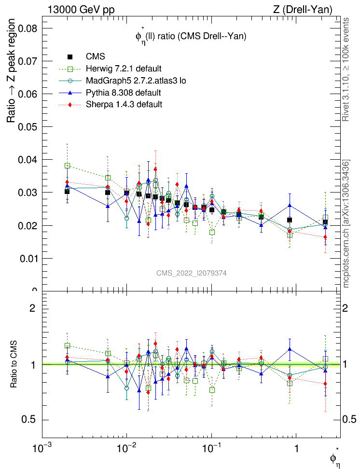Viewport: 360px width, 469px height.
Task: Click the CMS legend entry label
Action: coord(96,57)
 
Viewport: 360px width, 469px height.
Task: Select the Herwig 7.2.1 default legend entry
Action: coord(124,69)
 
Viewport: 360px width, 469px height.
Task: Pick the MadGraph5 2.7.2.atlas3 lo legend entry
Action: coord(136,81)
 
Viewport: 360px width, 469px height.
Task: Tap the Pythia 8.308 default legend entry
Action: coord(124,92)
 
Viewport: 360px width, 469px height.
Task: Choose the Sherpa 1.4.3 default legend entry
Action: coord(124,104)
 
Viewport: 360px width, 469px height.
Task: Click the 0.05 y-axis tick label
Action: coord(28,127)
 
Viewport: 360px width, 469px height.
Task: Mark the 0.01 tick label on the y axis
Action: coord(28,258)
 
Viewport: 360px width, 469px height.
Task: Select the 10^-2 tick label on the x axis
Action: coord(127,449)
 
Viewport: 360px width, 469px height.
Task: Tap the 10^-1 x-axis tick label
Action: coord(211,449)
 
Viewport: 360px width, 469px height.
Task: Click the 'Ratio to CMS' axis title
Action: coord(14,365)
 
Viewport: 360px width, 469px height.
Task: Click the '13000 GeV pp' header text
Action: coord(81,9)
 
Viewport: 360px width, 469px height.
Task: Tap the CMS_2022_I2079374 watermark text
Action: coord(192,273)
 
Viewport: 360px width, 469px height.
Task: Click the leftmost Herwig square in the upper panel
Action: coord(68,166)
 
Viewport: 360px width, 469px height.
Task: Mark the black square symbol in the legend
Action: coord(69,57)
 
